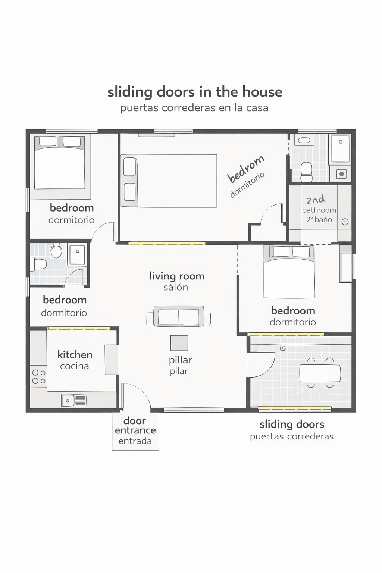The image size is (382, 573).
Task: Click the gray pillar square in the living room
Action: click(x=179, y=343)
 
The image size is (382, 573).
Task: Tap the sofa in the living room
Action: click(x=179, y=316)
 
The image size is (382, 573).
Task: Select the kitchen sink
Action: click(x=74, y=400)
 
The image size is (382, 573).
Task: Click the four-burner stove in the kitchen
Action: click(x=39, y=377)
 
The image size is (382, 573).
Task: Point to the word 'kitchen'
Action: click(x=75, y=355)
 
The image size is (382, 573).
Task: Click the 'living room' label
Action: click(x=177, y=276)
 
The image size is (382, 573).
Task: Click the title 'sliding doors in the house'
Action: click(x=195, y=92)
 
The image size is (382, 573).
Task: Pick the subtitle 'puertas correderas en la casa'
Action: click(x=194, y=108)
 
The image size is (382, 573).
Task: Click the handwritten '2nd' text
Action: click(x=316, y=199)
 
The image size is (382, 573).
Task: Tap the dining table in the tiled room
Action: click(x=320, y=373)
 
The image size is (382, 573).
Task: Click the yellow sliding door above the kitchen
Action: click(x=79, y=328)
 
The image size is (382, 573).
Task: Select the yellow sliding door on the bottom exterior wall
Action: click(x=295, y=408)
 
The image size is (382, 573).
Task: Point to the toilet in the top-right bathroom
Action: click(x=306, y=172)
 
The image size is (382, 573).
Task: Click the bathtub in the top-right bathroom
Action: click(x=340, y=148)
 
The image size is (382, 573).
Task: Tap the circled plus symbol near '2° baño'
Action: click(x=345, y=222)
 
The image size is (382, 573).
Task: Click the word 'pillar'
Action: click(x=181, y=360)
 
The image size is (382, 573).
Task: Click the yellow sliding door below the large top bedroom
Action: click(x=167, y=243)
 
